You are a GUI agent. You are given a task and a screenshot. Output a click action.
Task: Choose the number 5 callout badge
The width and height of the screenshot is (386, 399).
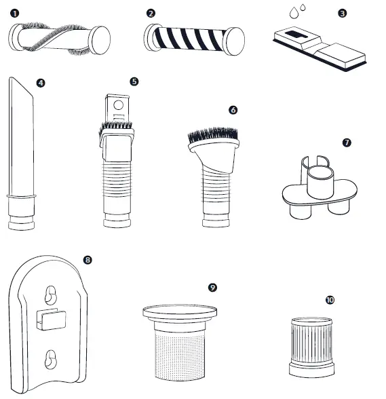(x=134, y=81)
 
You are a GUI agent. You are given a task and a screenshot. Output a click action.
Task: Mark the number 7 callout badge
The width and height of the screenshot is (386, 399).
(x=347, y=142)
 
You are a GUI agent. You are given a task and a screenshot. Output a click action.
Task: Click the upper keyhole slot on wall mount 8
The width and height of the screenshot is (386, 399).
(x=50, y=293)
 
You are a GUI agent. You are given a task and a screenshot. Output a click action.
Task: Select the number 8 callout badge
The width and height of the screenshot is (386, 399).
(x=87, y=260)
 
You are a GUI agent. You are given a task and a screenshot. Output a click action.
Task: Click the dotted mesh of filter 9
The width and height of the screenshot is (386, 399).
(x=179, y=353)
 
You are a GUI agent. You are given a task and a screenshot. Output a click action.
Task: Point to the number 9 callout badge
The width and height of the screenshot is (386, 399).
(x=212, y=288)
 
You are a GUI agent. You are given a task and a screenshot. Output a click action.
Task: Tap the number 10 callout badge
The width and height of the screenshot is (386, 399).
(x=330, y=299)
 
